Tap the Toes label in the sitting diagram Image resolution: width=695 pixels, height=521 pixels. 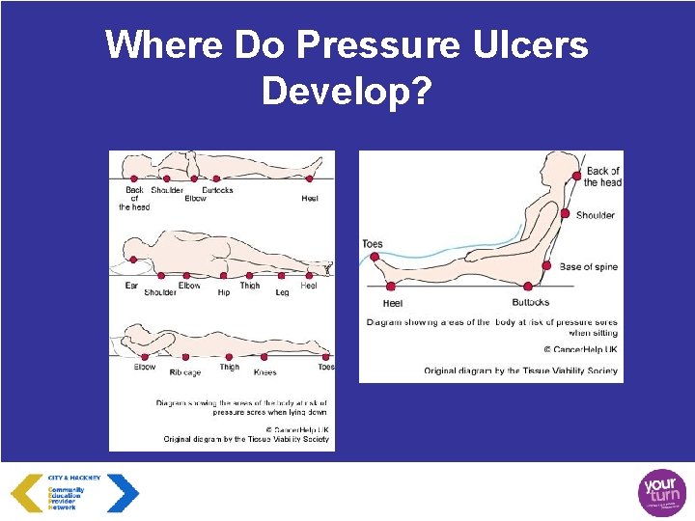[373, 244]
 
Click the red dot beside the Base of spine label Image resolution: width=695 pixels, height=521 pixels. [546, 266]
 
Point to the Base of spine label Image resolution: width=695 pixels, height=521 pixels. [588, 266]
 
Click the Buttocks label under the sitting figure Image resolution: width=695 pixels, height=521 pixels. [531, 302]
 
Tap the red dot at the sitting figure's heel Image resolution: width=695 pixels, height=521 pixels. [391, 286]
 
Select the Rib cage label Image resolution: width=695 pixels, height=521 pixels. [184, 372]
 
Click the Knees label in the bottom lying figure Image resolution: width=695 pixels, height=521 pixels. [264, 372]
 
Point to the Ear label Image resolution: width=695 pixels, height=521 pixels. [131, 286]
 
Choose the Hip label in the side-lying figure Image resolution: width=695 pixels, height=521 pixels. [223, 292]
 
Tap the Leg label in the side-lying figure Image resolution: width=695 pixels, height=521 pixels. [282, 292]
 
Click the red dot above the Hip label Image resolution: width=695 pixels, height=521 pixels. [223, 275]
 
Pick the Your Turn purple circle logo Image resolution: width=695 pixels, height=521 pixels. [662, 493]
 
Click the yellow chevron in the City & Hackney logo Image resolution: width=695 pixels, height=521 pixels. [26, 493]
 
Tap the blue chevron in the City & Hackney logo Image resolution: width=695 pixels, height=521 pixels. [123, 493]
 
